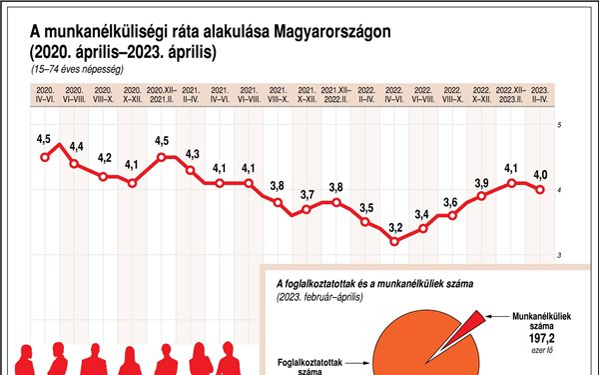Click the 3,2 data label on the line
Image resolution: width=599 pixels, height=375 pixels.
395,228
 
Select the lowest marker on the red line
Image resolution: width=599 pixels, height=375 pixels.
395,242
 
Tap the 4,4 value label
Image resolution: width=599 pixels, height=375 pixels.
76,148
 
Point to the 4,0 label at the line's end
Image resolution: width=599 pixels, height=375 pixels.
540,176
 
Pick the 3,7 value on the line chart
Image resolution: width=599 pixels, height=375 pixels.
307,194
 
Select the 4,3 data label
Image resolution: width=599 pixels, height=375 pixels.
193,154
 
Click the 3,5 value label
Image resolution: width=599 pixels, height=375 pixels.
366,208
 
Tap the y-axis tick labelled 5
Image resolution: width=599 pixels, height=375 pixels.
559,124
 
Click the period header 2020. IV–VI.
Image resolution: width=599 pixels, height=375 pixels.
44,97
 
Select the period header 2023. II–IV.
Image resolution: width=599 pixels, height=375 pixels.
540,97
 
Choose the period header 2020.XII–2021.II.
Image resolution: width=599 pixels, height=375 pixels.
162,97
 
